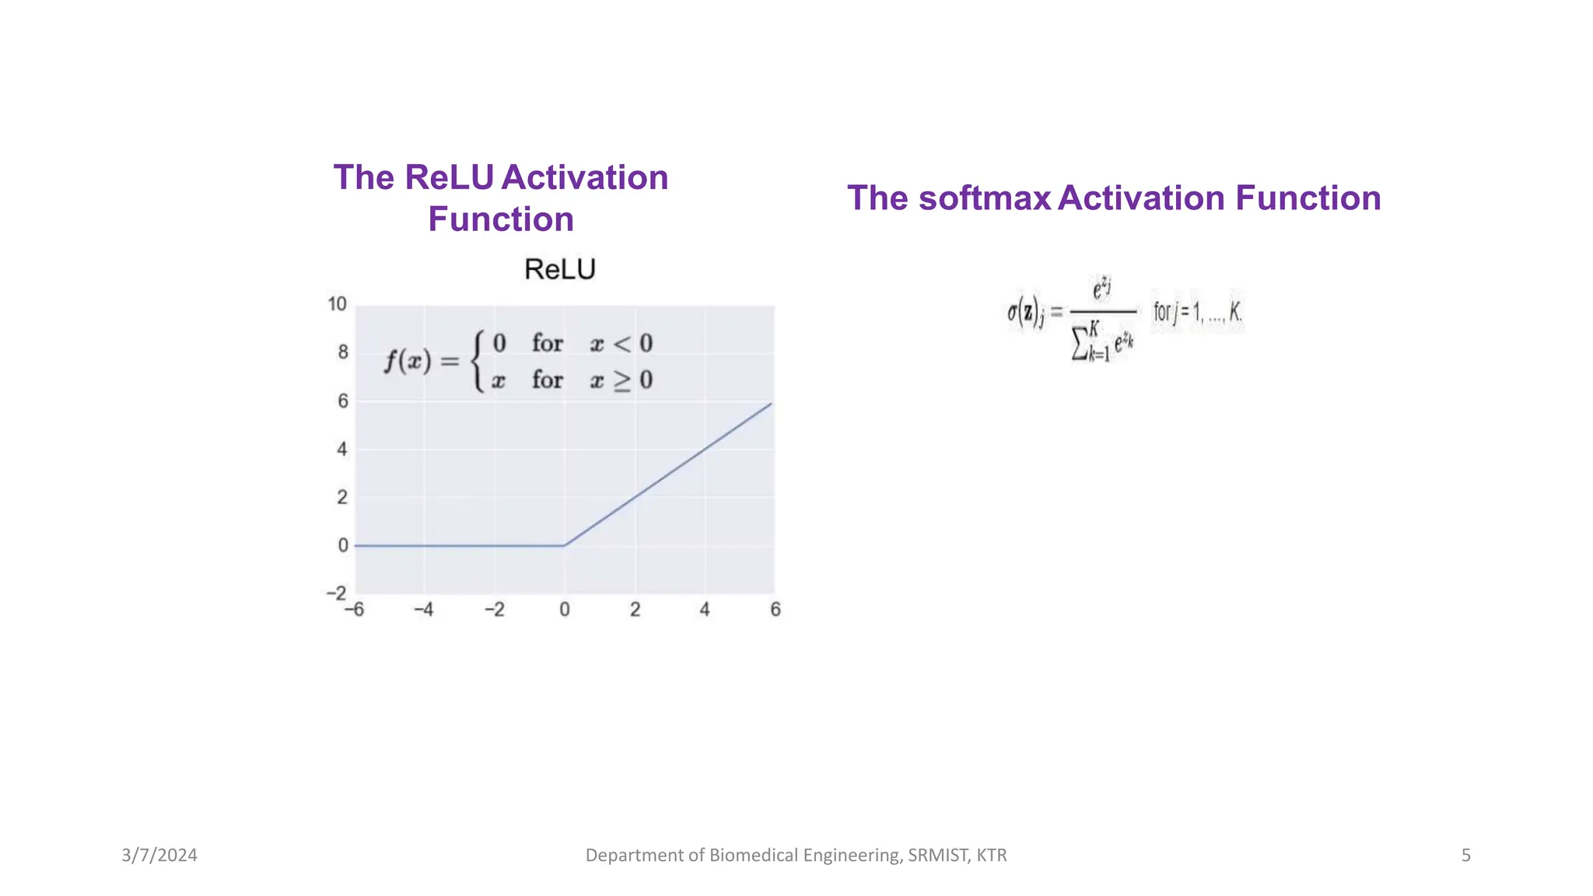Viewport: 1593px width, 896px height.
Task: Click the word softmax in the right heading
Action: click(984, 198)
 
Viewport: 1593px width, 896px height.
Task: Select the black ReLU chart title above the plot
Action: click(559, 270)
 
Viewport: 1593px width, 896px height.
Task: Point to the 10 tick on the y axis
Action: click(337, 304)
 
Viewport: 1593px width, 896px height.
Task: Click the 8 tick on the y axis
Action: click(342, 352)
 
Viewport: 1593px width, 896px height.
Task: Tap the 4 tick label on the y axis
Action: click(342, 449)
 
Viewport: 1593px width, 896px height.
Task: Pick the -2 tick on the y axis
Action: click(337, 593)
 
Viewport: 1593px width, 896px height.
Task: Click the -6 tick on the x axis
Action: click(355, 610)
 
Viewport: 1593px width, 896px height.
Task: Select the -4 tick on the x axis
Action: click(424, 610)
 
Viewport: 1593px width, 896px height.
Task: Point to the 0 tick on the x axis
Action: click(565, 610)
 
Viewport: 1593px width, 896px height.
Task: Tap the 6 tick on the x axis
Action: click(775, 610)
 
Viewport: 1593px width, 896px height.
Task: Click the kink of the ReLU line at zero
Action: click(564, 545)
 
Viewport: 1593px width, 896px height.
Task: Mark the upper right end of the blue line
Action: click(771, 404)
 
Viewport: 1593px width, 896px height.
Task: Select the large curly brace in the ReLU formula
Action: click(478, 362)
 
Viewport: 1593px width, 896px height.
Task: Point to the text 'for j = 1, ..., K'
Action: click(1197, 313)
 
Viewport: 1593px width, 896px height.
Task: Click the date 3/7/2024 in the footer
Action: click(159, 856)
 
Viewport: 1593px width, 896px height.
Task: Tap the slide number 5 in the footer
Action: click(1465, 856)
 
